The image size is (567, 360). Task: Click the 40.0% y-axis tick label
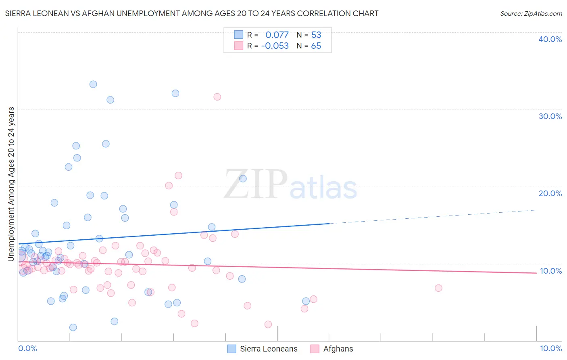coord(550,39)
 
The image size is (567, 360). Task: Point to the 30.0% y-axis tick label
coord(550,116)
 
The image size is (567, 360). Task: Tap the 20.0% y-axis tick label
coord(550,193)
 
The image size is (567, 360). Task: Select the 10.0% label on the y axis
coord(551,271)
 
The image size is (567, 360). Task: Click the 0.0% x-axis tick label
coord(27,348)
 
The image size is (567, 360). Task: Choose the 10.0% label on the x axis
coord(551,348)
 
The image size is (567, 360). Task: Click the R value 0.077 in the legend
coord(277,35)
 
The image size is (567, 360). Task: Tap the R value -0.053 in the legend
coord(275,46)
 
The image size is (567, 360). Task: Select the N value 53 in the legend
coord(316,35)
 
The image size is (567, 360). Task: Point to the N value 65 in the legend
coord(316,46)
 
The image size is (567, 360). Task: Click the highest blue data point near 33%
coord(93,84)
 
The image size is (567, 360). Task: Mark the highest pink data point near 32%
coord(217,97)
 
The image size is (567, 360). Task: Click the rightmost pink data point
coord(438,288)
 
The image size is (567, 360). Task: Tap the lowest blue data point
coord(73,327)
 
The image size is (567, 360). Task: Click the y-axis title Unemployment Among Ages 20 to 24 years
coord(11,184)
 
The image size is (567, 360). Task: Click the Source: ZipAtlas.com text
coord(531,14)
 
